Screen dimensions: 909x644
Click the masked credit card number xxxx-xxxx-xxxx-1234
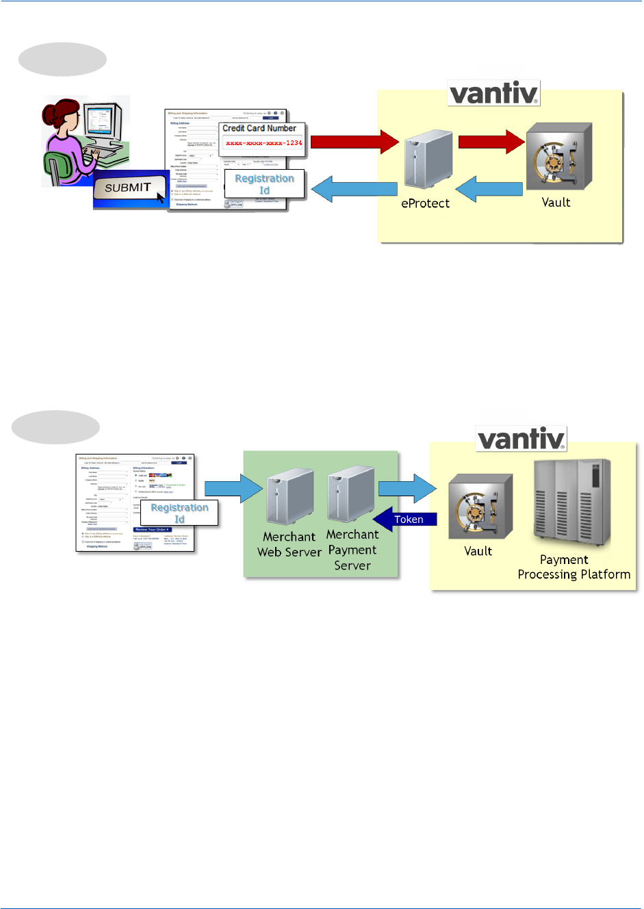click(263, 143)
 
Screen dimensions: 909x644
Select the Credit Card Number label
click(259, 128)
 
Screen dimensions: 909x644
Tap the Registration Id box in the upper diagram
click(264, 184)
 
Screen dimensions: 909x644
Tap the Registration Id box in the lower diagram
click(179, 513)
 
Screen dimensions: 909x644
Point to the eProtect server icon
click(428, 160)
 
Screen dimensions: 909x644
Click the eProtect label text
click(425, 203)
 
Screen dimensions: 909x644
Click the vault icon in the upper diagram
click(558, 158)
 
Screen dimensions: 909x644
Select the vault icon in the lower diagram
click(480, 507)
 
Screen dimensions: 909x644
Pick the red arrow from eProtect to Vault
click(491, 142)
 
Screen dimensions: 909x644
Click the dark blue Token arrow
click(405, 520)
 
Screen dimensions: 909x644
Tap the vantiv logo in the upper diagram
click(493, 93)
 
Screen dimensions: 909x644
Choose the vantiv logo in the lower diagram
click(521, 439)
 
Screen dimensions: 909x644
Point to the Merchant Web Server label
click(289, 544)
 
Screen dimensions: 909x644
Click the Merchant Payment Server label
click(352, 550)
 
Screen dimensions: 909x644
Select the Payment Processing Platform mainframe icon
click(571, 503)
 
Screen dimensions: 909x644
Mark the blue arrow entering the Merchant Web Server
click(233, 488)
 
